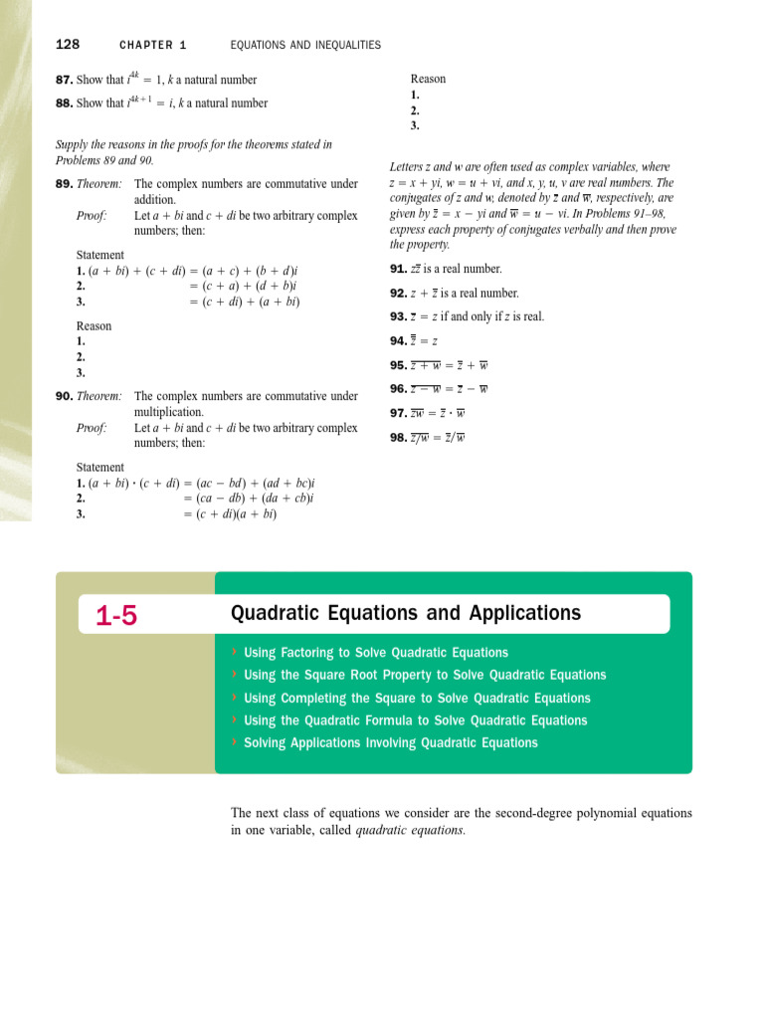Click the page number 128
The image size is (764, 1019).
[68, 45]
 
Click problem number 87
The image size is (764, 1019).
[65, 80]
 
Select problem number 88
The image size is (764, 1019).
[65, 103]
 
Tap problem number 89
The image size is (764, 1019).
[65, 184]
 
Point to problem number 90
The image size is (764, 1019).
[65, 396]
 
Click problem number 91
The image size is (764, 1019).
[398, 270]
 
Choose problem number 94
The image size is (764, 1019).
[398, 341]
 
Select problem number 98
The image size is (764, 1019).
[398, 437]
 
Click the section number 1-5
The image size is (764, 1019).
[116, 617]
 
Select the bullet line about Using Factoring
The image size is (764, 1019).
[375, 653]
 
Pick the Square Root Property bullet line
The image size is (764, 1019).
[424, 675]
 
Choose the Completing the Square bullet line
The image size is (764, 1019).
[416, 699]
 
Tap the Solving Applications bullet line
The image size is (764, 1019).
[390, 743]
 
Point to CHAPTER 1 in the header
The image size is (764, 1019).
[153, 46]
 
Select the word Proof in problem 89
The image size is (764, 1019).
[92, 215]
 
